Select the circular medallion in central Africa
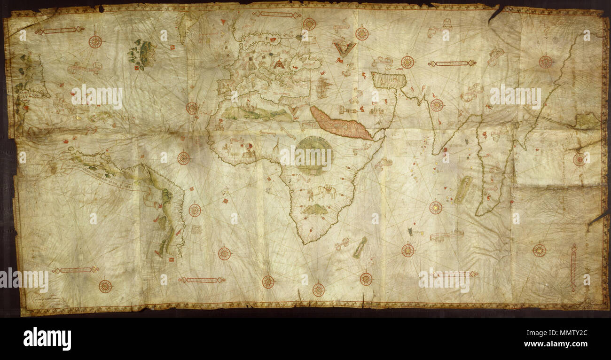(313, 155)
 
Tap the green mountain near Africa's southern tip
(315, 210)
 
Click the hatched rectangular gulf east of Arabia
(388, 80)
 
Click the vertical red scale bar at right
(573, 267)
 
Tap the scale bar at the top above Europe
(276, 15)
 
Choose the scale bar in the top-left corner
(59, 31)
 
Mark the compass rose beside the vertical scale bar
(539, 250)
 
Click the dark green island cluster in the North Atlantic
(142, 54)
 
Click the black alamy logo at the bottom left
(47, 339)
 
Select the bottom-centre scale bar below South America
(202, 280)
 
